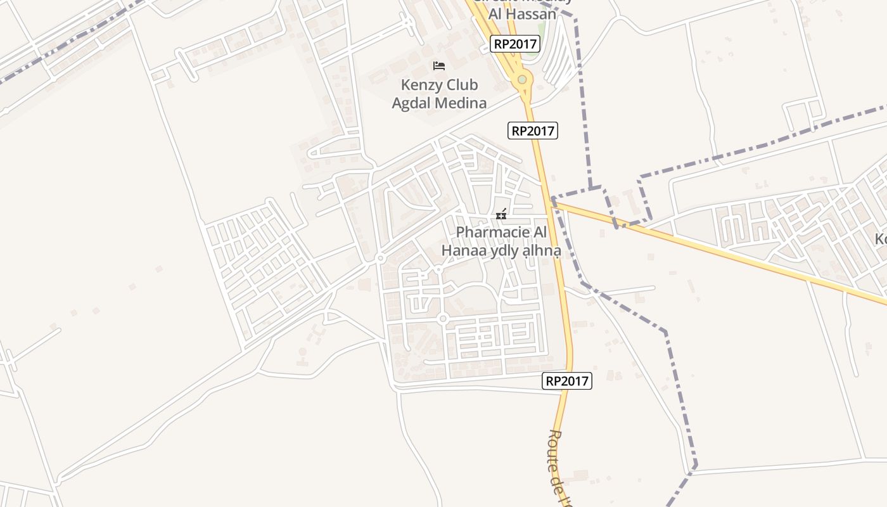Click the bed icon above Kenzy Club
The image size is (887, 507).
click(x=439, y=65)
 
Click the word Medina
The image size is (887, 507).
click(x=464, y=103)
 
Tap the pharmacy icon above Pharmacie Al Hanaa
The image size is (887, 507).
click(x=501, y=214)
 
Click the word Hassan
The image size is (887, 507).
click(x=531, y=13)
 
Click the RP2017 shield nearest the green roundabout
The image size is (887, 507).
click(x=515, y=44)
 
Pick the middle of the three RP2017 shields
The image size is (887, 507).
click(x=533, y=131)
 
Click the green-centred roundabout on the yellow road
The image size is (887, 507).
click(x=522, y=80)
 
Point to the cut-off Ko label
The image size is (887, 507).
click(x=881, y=239)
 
